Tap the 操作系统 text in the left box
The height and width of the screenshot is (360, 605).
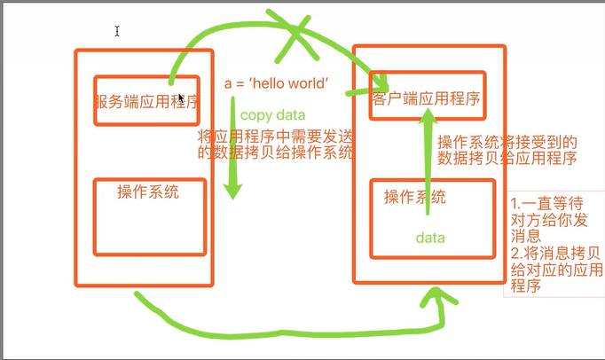coord(148,192)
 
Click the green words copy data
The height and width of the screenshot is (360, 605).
coord(272,115)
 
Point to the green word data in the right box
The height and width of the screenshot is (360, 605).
coord(430,238)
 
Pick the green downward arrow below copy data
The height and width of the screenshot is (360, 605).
coord(233,177)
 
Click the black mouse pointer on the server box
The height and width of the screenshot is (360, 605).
coord(181,99)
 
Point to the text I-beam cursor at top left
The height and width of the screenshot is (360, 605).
coord(117,31)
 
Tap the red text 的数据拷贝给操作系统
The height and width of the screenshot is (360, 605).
coord(276,152)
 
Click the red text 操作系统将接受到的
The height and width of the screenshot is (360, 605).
coord(507,142)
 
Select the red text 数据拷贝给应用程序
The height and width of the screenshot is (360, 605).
coord(507,159)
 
